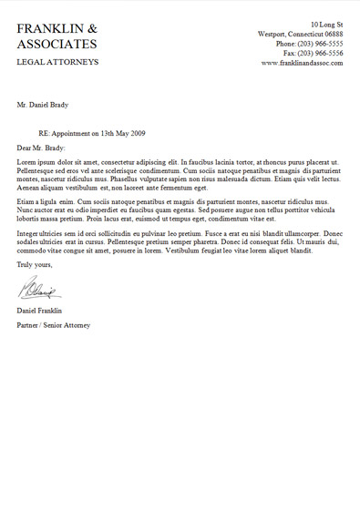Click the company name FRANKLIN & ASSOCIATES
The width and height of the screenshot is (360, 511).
(x=57, y=36)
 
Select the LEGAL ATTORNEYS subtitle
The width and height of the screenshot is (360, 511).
(x=57, y=62)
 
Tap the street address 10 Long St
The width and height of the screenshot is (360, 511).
(x=326, y=24)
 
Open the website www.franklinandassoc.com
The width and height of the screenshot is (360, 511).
(x=302, y=63)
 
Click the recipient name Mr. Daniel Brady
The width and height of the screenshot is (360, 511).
(x=44, y=106)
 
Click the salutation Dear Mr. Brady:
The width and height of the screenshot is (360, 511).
(x=41, y=147)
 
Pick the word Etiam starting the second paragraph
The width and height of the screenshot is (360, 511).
(x=26, y=200)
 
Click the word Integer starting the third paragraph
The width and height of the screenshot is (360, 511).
(x=30, y=233)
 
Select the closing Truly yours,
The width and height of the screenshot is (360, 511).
(x=35, y=264)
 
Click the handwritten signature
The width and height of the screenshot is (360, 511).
(x=38, y=291)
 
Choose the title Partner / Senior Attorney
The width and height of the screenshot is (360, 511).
(x=54, y=325)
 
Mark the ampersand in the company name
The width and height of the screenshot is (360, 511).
(x=92, y=28)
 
